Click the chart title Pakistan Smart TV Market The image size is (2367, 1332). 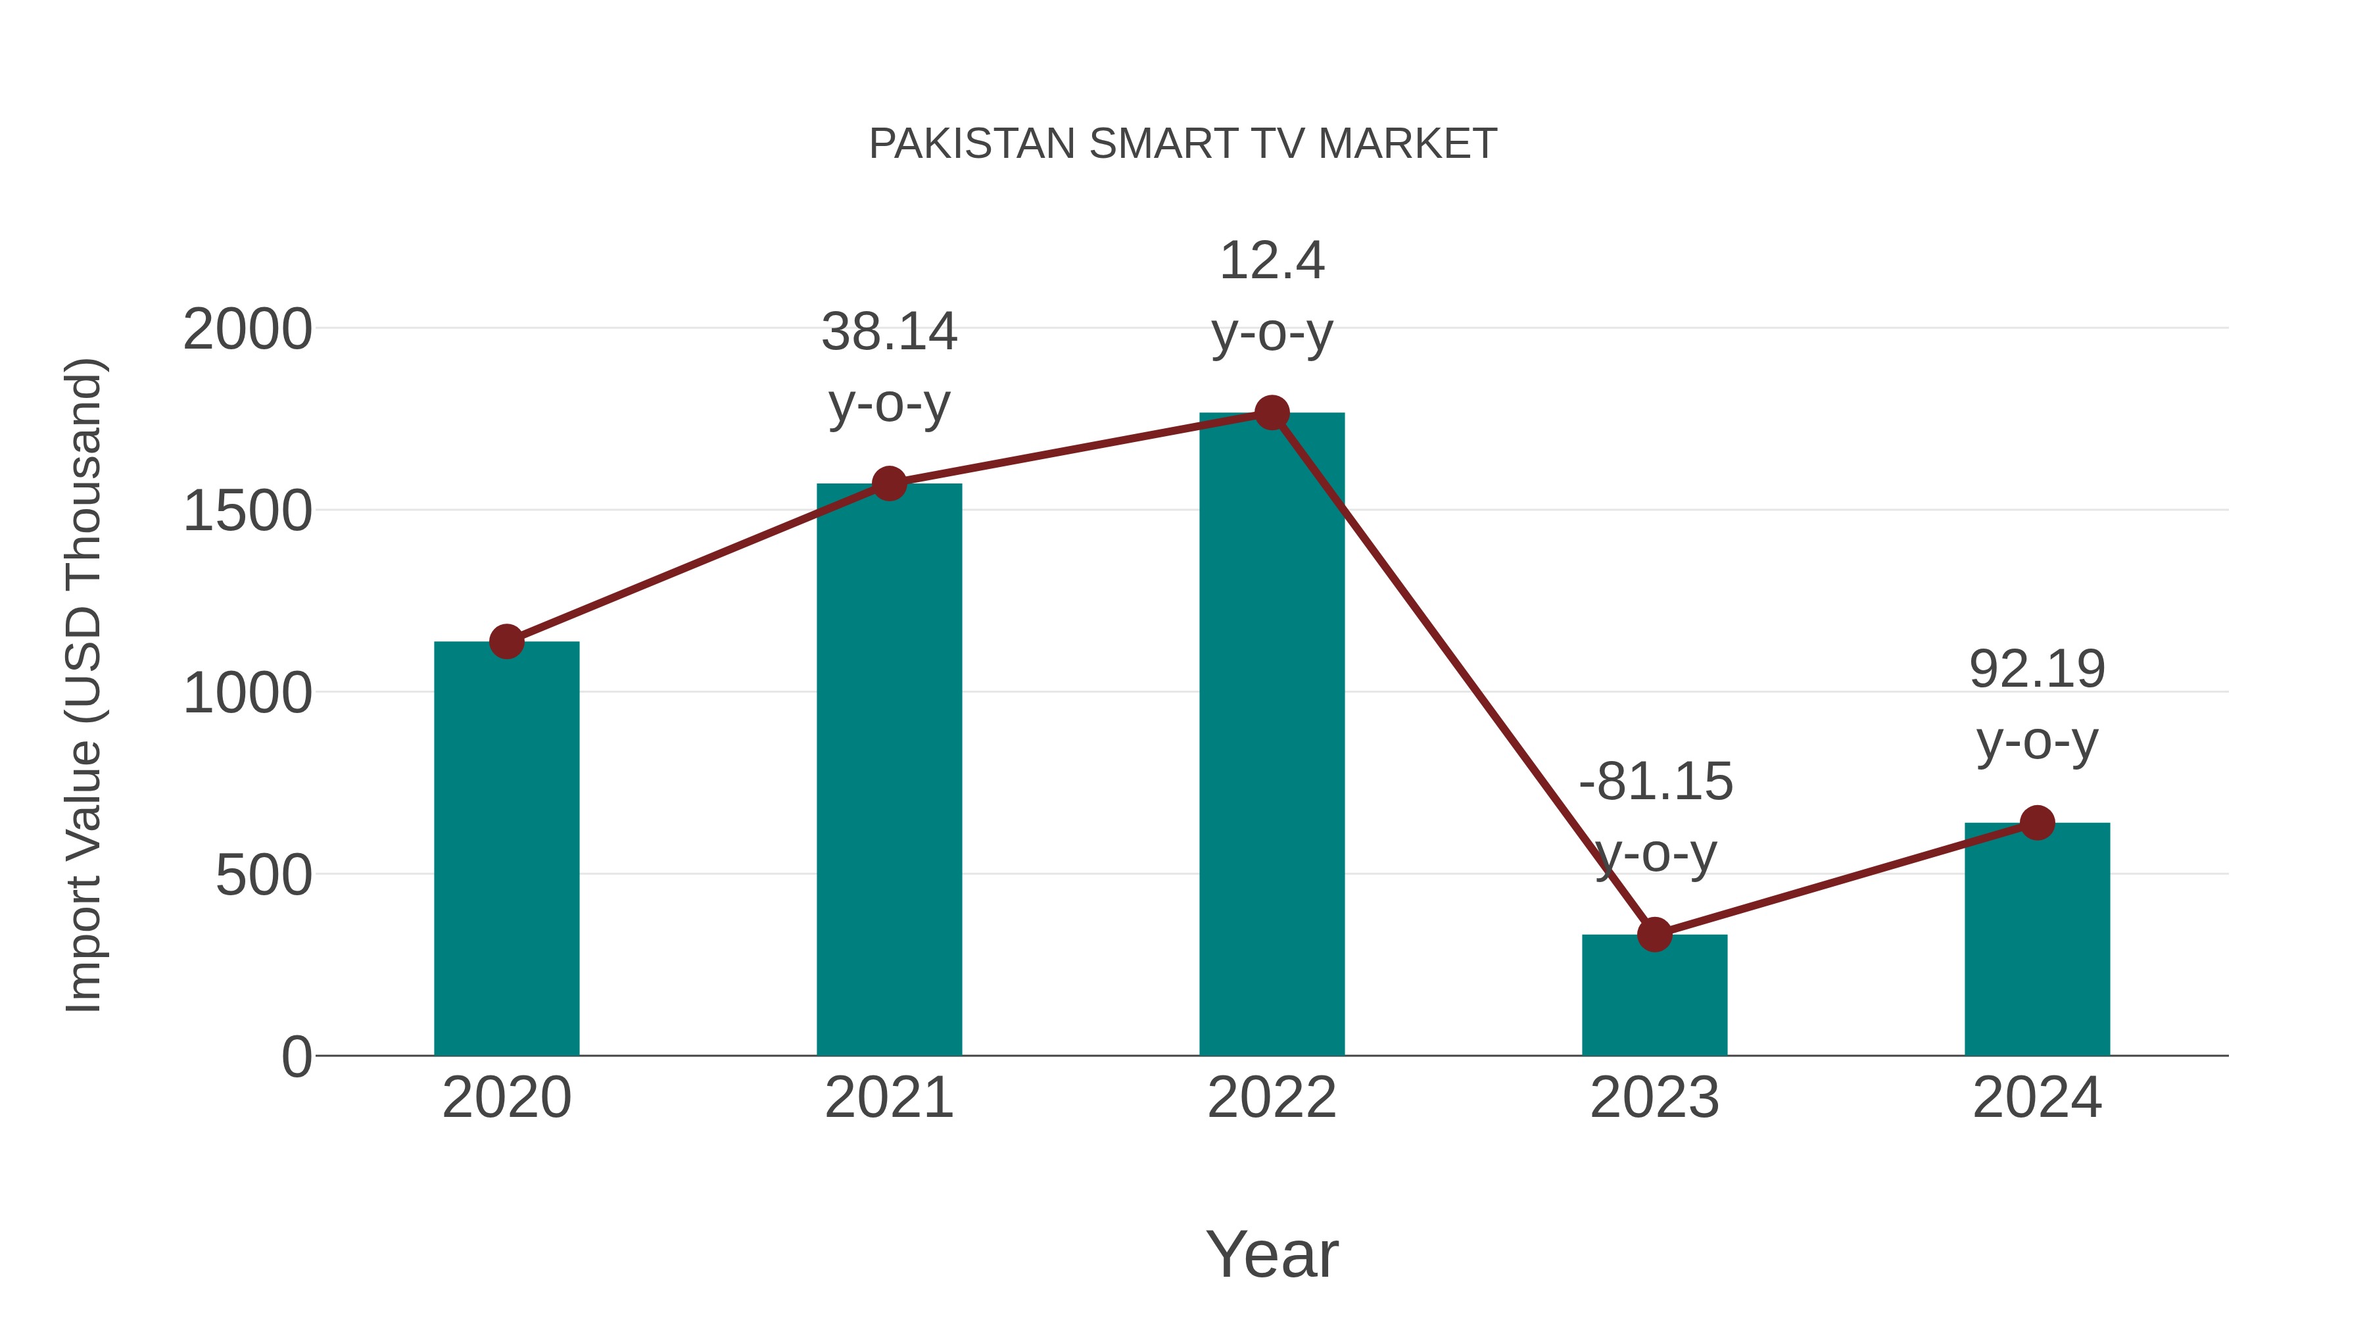[1183, 144]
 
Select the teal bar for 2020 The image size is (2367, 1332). [506, 855]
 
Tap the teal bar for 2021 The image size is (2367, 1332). [888, 781]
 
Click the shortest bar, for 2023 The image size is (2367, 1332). [1654, 997]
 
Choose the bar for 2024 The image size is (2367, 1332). [2037, 942]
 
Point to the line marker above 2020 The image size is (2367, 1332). [506, 641]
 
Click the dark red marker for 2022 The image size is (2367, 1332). [1272, 412]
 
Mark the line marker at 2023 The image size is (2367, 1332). [1654, 935]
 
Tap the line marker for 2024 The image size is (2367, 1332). [2037, 823]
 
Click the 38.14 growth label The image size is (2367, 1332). [888, 332]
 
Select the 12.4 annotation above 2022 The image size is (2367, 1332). [1272, 261]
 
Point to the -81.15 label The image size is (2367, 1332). [1656, 782]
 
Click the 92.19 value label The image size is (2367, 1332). [2037, 669]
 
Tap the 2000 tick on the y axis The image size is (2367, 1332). [247, 330]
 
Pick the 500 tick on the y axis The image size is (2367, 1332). [263, 876]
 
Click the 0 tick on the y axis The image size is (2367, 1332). [296, 1057]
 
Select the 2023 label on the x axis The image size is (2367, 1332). [1654, 1098]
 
